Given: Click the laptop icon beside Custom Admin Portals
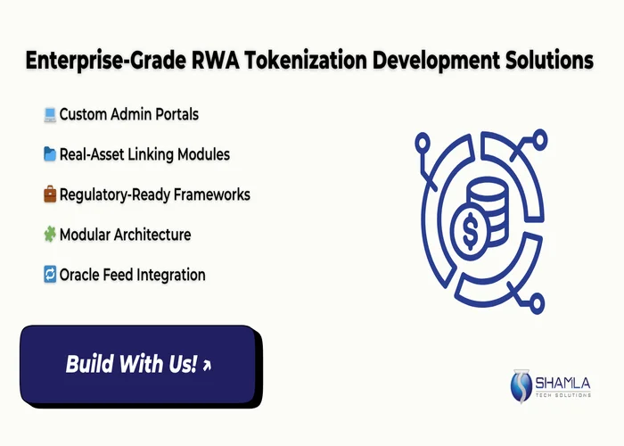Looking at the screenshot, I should click(50, 114).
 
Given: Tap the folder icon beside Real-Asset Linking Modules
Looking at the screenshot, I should click(50, 154).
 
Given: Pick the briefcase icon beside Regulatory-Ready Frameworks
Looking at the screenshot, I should click(50, 194).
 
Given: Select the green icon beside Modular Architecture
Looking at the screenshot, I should click(50, 235).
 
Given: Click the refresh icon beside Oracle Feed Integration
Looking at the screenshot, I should click(50, 275).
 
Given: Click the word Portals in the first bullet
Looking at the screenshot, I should click(175, 114).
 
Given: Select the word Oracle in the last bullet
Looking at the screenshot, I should click(81, 275).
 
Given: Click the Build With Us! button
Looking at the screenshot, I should click(138, 364).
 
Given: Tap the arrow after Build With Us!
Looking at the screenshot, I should click(207, 365).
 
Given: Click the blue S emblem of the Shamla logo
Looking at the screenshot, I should click(521, 386).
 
